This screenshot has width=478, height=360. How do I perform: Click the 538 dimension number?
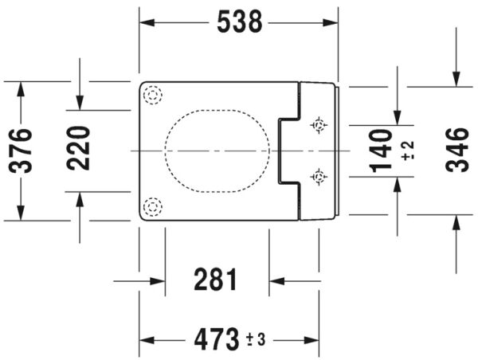pos(239,22)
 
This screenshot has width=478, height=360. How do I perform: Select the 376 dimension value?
pos(21,151)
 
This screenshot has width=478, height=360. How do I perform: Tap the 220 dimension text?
pos(79,148)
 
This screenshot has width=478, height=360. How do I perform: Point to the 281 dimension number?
pos(216,280)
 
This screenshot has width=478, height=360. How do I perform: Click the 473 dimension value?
pos(216,339)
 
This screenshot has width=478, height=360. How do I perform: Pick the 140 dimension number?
pos(381,151)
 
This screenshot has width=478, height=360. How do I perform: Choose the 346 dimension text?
pos(456,150)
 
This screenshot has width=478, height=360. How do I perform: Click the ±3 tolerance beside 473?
pos(256,339)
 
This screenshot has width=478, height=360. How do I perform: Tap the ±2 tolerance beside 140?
pos(408,151)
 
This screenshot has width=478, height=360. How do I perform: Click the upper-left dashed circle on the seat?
pos(152,95)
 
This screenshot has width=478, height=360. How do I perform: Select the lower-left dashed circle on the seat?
pos(152,206)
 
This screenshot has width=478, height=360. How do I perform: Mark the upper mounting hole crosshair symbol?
pos(319,125)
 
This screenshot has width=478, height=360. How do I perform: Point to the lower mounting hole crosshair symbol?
pos(319,177)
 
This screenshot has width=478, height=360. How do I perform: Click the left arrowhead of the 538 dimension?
pos(147,22)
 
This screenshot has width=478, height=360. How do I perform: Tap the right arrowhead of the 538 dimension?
pos(331,22)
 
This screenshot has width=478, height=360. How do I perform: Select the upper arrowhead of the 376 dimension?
pos(21,89)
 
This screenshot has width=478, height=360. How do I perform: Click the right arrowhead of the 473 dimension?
pos(311,340)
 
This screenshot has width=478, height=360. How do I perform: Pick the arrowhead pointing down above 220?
pos(80,103)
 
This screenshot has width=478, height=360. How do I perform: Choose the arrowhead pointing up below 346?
pos(456,222)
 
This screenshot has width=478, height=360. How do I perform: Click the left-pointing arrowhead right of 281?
pos(276,281)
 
